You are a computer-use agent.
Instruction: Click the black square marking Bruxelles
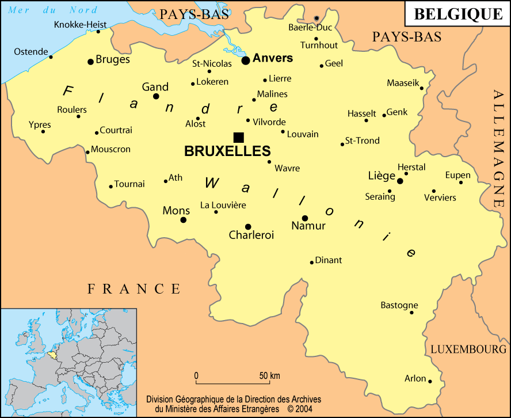point(239,137)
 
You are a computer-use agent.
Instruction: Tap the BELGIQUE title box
point(458,14)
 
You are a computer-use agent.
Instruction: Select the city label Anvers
point(273,58)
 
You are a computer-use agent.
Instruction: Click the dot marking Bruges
point(90,62)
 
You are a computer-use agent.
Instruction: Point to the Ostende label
point(30,52)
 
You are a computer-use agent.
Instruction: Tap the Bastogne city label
point(399,305)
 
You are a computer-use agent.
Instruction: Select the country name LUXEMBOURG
point(468,349)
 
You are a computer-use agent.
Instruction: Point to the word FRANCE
point(134,289)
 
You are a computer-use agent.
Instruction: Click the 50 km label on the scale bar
point(269,376)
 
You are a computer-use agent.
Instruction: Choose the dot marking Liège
point(400,181)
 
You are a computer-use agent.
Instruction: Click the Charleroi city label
point(251,235)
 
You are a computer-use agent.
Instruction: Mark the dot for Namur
point(305,218)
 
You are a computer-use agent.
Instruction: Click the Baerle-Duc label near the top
point(310,27)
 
